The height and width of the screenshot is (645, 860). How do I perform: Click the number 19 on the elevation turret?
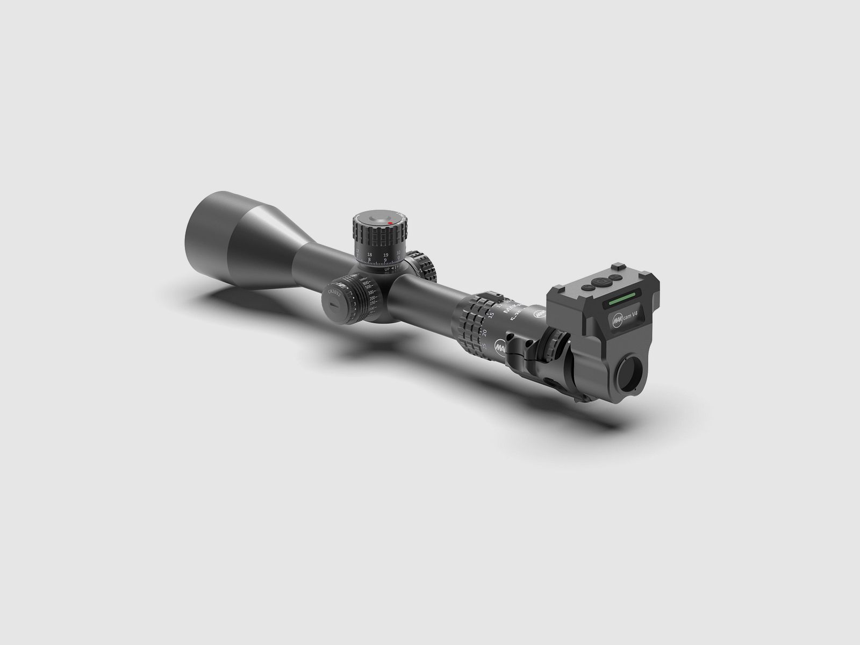click(x=385, y=255)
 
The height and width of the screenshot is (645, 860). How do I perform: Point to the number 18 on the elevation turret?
click(x=369, y=254)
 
